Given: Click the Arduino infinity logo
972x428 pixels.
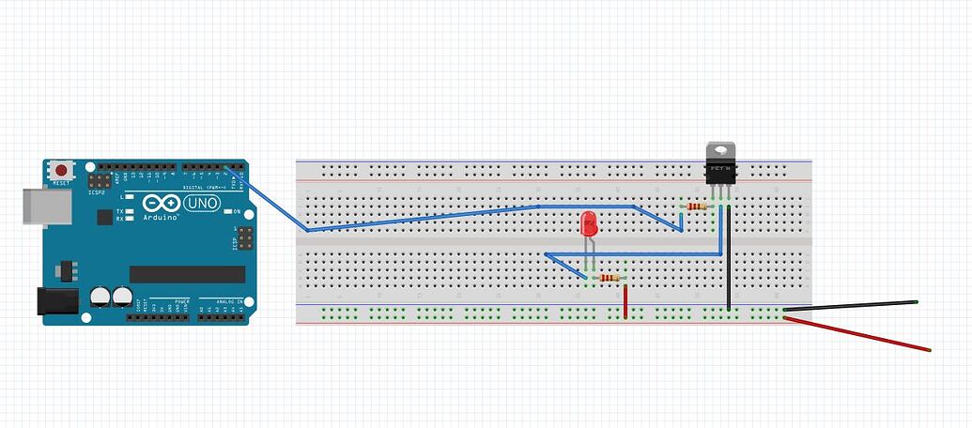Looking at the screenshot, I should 159,203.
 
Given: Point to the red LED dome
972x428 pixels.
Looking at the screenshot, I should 589,224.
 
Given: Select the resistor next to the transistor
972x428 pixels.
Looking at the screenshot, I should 696,206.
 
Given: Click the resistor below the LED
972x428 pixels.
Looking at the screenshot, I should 609,278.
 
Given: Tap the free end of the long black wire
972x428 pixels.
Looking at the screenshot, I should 915,302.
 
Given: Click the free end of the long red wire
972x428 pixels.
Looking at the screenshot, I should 928,350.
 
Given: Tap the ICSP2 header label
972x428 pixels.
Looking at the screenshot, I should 97,192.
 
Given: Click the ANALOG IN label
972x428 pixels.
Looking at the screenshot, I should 223,301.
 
